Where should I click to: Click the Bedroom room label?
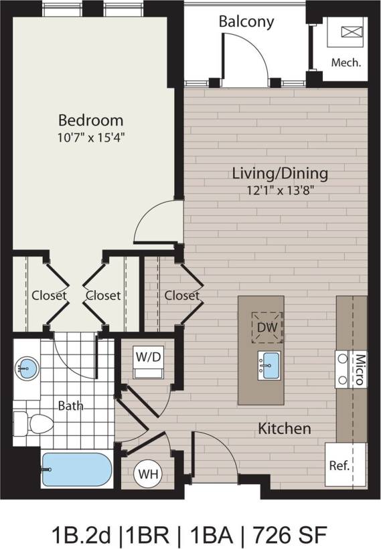pyautogui.click(x=90, y=120)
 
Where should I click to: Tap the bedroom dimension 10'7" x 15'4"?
pyautogui.click(x=90, y=138)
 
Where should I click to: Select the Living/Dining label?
pyautogui.click(x=280, y=173)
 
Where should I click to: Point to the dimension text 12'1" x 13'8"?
pyautogui.click(x=280, y=190)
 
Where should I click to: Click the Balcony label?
pyautogui.click(x=246, y=21)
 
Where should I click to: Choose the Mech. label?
pyautogui.click(x=346, y=63)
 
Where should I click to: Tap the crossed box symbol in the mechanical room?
pyautogui.click(x=350, y=32)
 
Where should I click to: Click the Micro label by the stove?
pyautogui.click(x=358, y=370)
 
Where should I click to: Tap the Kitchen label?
pyautogui.click(x=285, y=428)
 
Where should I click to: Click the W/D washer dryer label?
pyautogui.click(x=149, y=356)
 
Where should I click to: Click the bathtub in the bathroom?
pyautogui.click(x=76, y=470)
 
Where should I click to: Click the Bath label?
pyautogui.click(x=70, y=405)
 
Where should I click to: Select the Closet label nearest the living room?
pyautogui.click(x=182, y=295)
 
